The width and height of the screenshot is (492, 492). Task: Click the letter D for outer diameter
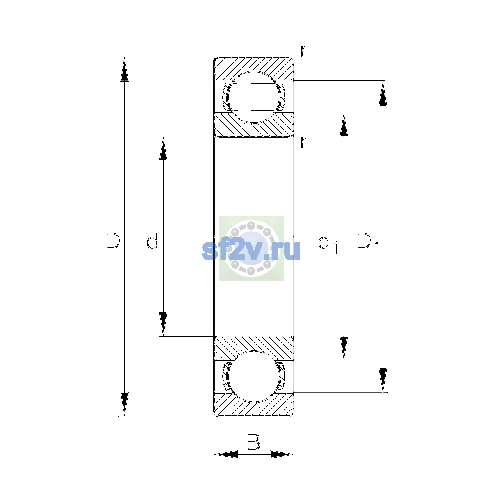(x=113, y=241)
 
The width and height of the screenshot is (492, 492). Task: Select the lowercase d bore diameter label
(x=153, y=241)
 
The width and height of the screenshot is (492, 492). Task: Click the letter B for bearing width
(x=253, y=442)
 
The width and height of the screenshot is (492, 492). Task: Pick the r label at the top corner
(x=304, y=51)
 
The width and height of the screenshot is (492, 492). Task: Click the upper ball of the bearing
(x=254, y=97)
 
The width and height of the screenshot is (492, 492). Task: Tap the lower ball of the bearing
(x=254, y=376)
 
